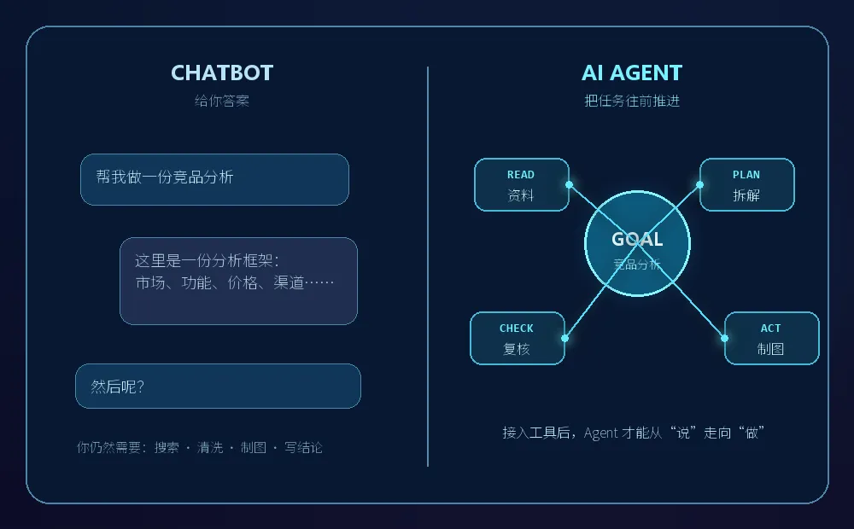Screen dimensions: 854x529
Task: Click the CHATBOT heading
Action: point(222,73)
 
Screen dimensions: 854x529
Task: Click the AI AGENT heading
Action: point(632,73)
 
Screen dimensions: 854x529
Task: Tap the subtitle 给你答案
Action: point(222,101)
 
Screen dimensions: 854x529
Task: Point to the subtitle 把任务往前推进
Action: point(632,101)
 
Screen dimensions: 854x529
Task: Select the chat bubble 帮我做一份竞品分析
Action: point(214,179)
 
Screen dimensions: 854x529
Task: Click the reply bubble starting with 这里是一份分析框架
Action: point(238,281)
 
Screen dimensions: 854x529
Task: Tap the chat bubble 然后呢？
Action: point(218,386)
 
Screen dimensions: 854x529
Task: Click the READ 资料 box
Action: point(522,184)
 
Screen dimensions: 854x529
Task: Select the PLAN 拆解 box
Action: point(746,184)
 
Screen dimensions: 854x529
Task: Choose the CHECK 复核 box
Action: point(518,338)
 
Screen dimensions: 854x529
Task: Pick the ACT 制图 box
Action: point(772,338)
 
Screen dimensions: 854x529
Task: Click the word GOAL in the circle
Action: point(637,239)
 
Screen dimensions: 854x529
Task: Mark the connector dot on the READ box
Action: point(569,184)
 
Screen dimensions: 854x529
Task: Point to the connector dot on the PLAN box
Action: point(700,184)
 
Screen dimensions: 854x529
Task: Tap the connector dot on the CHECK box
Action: point(564,338)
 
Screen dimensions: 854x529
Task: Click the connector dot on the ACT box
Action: point(724,338)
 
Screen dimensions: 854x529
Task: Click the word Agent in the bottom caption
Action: point(600,433)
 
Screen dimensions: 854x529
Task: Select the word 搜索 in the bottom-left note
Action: point(167,447)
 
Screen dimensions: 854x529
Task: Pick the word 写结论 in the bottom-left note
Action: point(303,447)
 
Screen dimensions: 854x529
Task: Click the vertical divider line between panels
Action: point(428,267)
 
